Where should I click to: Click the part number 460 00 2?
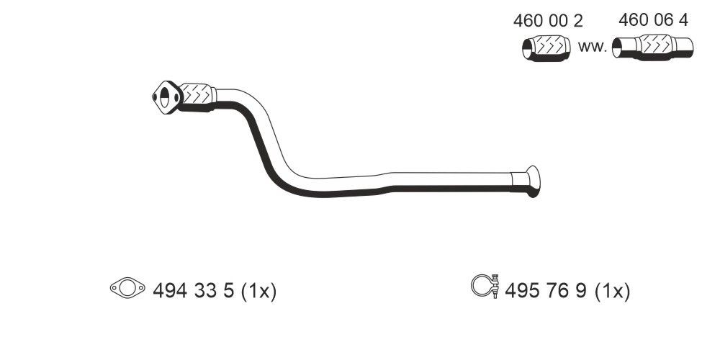(x=547, y=22)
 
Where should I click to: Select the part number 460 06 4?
(x=653, y=21)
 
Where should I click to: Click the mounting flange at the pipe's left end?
(x=166, y=98)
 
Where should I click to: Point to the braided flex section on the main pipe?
(x=197, y=96)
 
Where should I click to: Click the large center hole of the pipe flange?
(x=167, y=98)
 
